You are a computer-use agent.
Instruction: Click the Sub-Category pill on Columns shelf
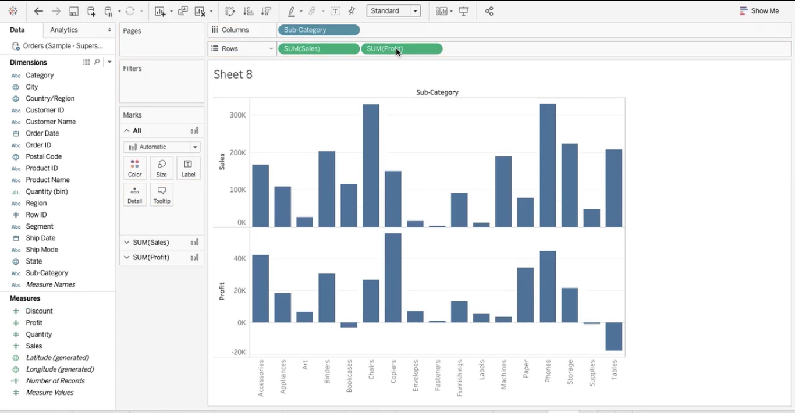coord(318,30)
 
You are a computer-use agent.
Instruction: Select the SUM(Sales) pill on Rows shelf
coord(318,49)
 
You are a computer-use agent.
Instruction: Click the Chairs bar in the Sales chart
coord(371,166)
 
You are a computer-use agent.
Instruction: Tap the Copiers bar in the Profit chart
coord(393,278)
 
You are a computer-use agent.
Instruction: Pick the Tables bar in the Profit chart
coord(614,336)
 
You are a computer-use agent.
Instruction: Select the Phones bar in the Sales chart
coord(548,166)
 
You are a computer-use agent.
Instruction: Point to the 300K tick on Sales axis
coord(238,115)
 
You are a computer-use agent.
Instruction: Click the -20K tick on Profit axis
coord(238,352)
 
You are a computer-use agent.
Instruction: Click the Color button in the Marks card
coord(134,168)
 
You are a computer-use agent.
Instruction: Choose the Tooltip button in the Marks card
coord(162,195)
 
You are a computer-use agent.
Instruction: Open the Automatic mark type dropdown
coord(161,147)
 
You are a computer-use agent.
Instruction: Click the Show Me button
coord(759,11)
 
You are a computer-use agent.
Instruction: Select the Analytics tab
coord(64,30)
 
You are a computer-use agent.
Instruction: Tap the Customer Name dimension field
coord(51,122)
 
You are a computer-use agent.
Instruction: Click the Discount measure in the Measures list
coord(39,311)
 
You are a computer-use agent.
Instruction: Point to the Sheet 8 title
coord(233,74)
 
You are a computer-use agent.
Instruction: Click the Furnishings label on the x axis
coord(460,378)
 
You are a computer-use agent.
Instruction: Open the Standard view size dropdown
coord(393,11)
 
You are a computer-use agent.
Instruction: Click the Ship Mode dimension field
coord(42,250)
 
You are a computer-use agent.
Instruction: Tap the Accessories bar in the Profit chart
coord(260,289)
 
